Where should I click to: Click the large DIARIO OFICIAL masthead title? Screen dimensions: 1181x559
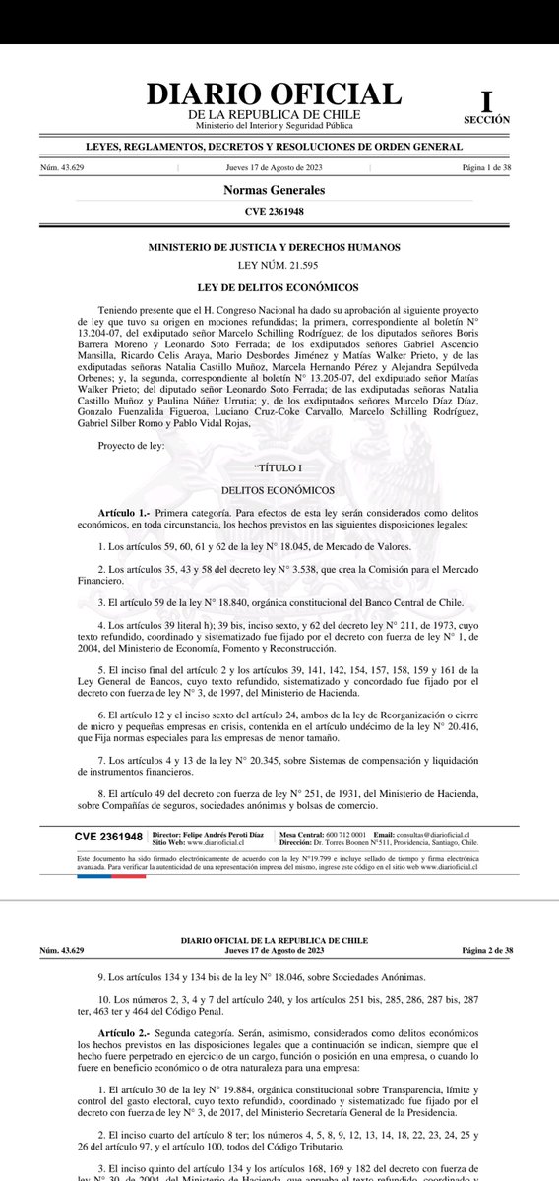(x=274, y=94)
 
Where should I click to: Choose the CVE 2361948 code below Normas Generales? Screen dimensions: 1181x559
(x=275, y=212)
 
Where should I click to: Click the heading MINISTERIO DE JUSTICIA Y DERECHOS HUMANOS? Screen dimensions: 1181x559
(x=275, y=250)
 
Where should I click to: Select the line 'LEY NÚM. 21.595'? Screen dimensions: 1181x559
(x=275, y=266)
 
